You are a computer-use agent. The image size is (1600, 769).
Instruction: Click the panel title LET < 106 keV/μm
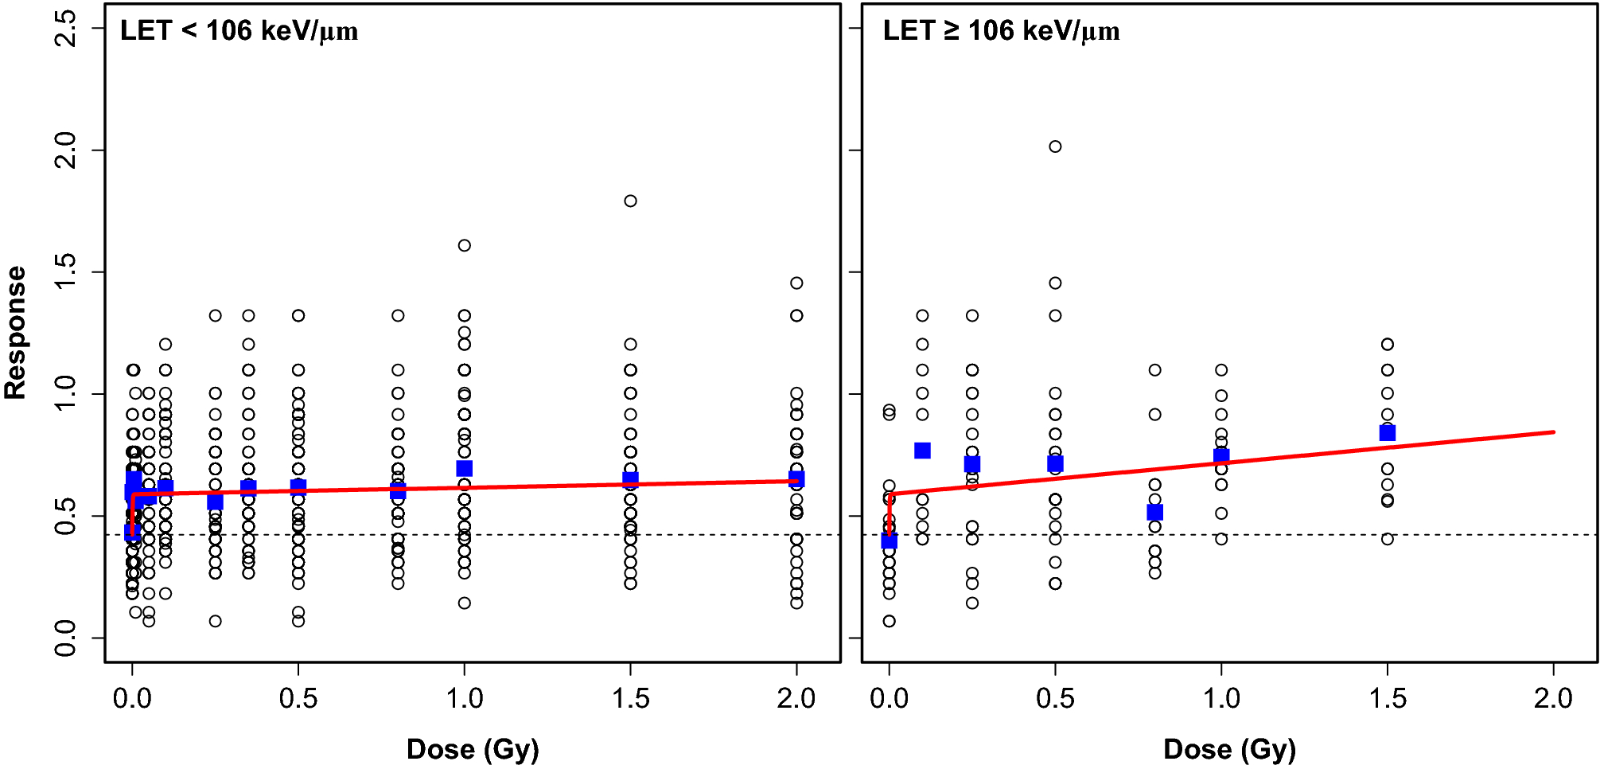tap(239, 32)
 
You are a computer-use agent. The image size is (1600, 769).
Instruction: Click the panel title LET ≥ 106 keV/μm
tap(1001, 32)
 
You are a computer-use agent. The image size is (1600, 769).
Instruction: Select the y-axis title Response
tap(16, 333)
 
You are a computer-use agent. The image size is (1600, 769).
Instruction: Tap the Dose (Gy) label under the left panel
tap(473, 749)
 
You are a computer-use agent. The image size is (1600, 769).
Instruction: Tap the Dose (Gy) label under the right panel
tap(1229, 749)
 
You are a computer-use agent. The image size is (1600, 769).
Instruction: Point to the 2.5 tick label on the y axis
tap(65, 29)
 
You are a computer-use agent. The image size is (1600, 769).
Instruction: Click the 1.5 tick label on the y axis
tap(65, 272)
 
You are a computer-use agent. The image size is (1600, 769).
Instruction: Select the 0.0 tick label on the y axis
tap(65, 638)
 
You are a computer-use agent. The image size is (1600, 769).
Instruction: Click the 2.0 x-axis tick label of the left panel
tap(796, 699)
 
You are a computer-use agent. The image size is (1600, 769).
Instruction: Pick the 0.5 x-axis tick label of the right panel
tap(1055, 699)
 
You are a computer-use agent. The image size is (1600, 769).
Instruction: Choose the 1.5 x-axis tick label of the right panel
tap(1388, 699)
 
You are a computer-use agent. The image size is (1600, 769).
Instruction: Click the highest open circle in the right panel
tap(1055, 146)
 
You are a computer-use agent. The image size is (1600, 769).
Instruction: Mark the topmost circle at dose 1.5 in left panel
tap(630, 201)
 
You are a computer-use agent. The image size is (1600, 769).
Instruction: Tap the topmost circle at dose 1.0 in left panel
tap(465, 245)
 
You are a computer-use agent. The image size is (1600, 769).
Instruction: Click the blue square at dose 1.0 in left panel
tap(465, 468)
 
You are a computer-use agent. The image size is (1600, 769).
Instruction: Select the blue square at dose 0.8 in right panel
tap(1155, 512)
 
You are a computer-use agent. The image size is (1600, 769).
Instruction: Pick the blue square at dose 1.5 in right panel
tap(1388, 433)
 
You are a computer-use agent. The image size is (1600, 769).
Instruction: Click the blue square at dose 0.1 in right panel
tap(922, 451)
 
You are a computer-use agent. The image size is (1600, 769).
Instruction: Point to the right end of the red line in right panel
tap(1552, 432)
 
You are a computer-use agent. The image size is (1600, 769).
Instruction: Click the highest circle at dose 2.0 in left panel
tap(796, 283)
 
